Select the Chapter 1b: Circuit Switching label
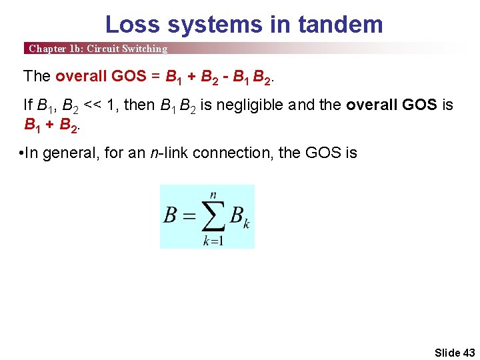click(98, 49)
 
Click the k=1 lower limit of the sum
click(213, 241)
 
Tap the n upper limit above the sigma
click(213, 194)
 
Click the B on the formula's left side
click(171, 215)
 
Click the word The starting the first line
click(37, 76)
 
